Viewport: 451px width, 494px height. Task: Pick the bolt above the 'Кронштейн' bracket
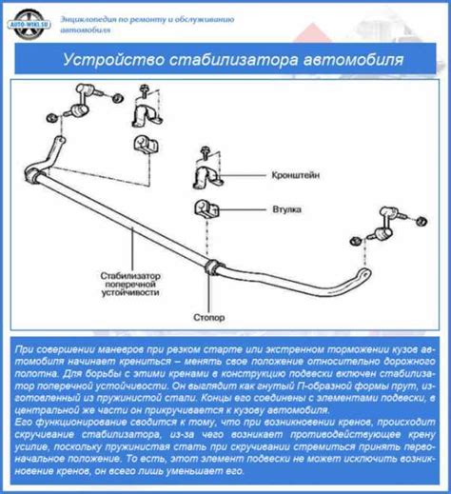tap(202, 151)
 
